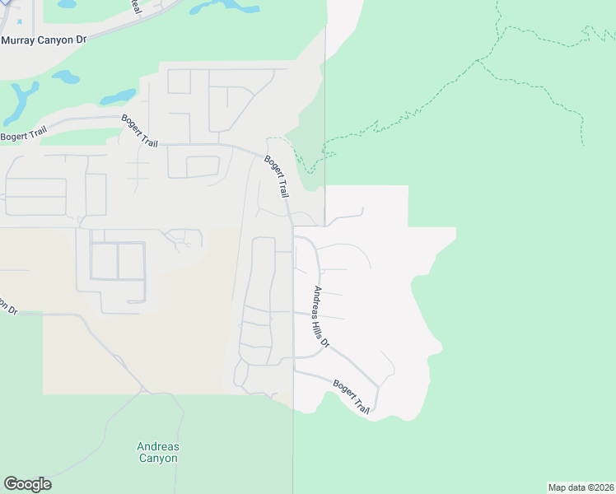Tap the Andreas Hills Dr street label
click(x=321, y=316)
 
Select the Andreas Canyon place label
click(x=157, y=453)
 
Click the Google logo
click(x=27, y=484)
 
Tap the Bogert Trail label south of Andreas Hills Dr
click(x=352, y=396)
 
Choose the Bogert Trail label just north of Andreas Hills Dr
click(x=277, y=176)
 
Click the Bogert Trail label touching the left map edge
click(x=22, y=136)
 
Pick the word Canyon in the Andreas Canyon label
click(x=157, y=459)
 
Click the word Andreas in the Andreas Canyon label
click(x=157, y=447)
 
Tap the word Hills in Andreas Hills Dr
click(x=321, y=320)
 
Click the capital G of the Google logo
click(x=11, y=484)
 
